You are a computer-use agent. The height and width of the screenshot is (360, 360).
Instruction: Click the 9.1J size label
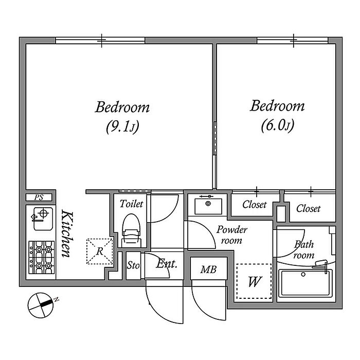pos(122,127)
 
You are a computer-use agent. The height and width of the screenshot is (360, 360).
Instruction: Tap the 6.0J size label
pos(278,125)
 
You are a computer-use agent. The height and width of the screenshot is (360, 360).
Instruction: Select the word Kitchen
pos(67,233)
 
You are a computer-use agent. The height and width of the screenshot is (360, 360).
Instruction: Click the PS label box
pos(39,197)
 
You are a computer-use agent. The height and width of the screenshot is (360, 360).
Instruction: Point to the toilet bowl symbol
pos(131,230)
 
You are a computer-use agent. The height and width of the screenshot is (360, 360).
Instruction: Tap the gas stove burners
pos(42,257)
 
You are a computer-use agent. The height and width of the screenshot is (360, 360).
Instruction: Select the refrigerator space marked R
pos(100,251)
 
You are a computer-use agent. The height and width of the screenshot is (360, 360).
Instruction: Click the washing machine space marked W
pos(254,281)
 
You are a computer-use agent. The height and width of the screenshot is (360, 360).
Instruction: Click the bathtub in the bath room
pos(305,283)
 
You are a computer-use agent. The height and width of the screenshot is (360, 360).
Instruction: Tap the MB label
pos(208,269)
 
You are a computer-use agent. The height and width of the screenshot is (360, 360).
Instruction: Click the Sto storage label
pos(133,266)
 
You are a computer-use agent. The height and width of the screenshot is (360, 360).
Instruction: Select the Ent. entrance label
pos(167,264)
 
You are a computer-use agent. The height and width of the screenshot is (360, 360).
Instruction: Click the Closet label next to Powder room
pos(255,204)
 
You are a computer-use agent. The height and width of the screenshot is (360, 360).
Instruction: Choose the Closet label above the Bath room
pos(308,208)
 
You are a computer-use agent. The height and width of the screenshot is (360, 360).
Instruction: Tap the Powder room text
pos(231,235)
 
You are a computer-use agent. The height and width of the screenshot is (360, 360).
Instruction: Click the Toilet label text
pos(131,204)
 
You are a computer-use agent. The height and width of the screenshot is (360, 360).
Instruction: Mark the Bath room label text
pos(304,249)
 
